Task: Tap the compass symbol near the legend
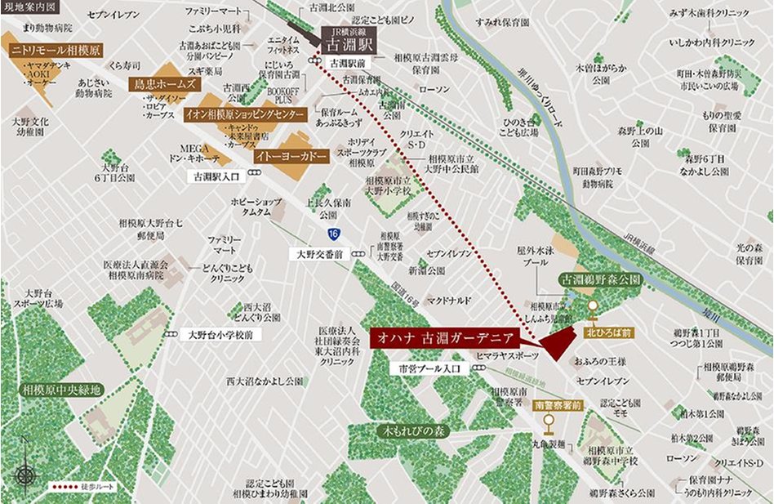point(25,473)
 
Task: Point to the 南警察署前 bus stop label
point(558,404)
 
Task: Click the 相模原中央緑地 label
point(62,390)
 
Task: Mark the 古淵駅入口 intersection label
point(216,175)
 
